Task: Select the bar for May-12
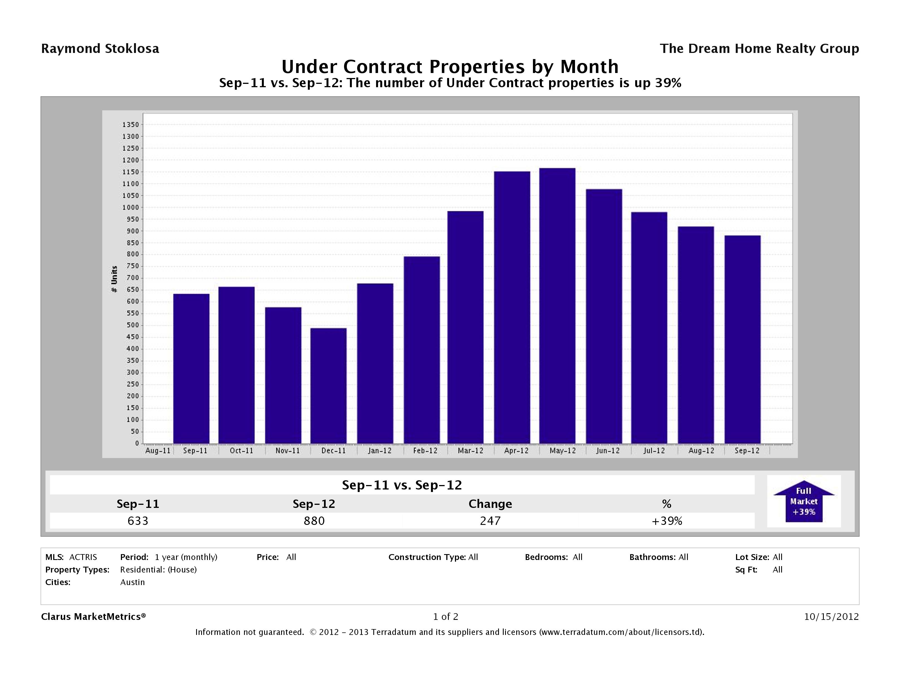(x=557, y=306)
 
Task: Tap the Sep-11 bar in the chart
(x=191, y=369)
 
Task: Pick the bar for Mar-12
(x=465, y=327)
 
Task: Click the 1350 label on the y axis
(x=130, y=125)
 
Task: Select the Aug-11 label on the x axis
(x=158, y=451)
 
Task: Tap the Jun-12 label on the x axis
(x=608, y=451)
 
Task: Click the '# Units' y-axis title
(x=114, y=279)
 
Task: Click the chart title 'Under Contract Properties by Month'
(x=450, y=67)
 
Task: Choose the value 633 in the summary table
(x=138, y=521)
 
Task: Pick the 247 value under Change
(x=490, y=521)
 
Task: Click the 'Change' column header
(x=490, y=504)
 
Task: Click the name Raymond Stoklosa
(x=100, y=49)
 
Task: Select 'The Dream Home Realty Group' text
(x=759, y=49)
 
